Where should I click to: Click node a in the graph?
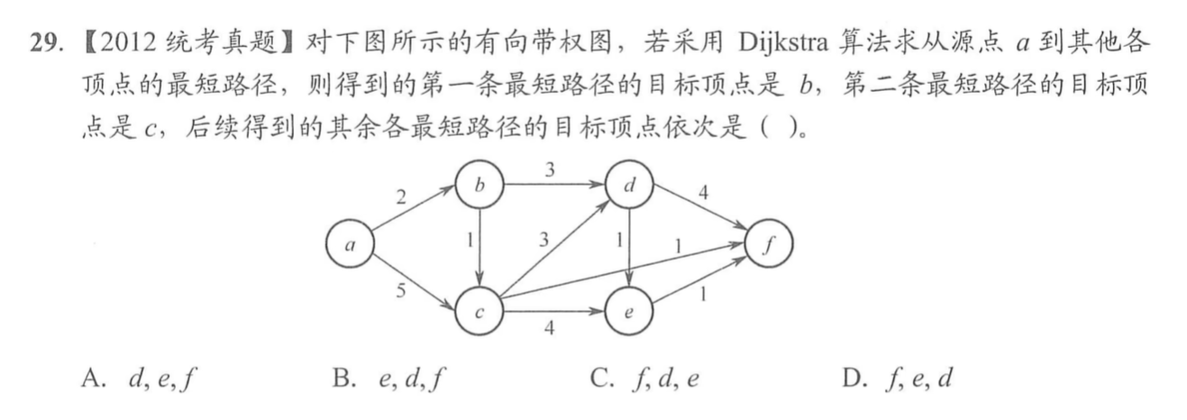(351, 244)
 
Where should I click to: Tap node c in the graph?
(479, 312)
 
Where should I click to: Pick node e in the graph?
(630, 312)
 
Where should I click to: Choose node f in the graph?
(769, 244)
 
